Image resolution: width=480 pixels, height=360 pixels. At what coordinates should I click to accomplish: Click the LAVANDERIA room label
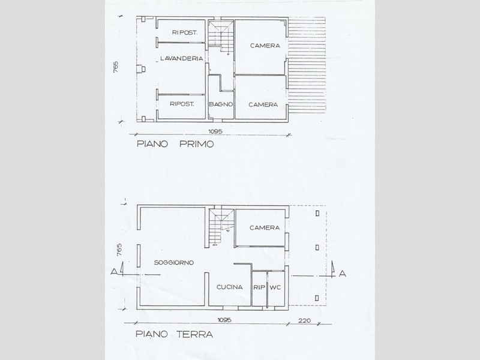(x=182, y=58)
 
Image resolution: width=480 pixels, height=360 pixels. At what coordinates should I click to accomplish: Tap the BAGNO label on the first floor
(x=221, y=104)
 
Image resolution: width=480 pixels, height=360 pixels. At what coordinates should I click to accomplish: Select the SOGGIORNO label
(x=174, y=263)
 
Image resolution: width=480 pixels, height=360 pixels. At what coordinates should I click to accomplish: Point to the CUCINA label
(x=230, y=287)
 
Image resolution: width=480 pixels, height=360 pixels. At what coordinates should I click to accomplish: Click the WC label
(x=275, y=287)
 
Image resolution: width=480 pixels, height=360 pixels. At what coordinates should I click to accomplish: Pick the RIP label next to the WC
(x=259, y=287)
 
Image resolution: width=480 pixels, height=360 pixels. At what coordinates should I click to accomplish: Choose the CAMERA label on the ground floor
(x=265, y=228)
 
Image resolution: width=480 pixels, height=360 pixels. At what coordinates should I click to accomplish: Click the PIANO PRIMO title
(x=175, y=144)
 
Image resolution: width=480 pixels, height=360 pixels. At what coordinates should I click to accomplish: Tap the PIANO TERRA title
(x=174, y=334)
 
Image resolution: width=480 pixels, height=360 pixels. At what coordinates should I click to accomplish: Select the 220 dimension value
(x=304, y=320)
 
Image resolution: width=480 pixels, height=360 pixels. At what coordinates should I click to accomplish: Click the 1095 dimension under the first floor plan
(x=215, y=131)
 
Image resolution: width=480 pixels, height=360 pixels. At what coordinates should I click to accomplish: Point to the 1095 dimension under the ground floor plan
(x=224, y=320)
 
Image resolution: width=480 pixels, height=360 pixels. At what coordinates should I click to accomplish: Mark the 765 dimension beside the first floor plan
(x=115, y=67)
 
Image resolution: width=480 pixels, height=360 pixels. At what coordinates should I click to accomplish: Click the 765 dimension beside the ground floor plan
(x=119, y=250)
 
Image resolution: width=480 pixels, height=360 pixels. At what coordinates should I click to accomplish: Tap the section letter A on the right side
(x=343, y=274)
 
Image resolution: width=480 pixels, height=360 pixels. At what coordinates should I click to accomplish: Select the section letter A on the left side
(x=114, y=271)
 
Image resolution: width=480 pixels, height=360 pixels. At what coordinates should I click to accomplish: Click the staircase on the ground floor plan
(x=221, y=227)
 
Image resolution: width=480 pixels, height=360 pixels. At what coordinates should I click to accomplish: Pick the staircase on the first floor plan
(x=221, y=36)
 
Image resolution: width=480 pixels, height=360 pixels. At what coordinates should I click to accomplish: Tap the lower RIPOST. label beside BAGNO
(x=182, y=104)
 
